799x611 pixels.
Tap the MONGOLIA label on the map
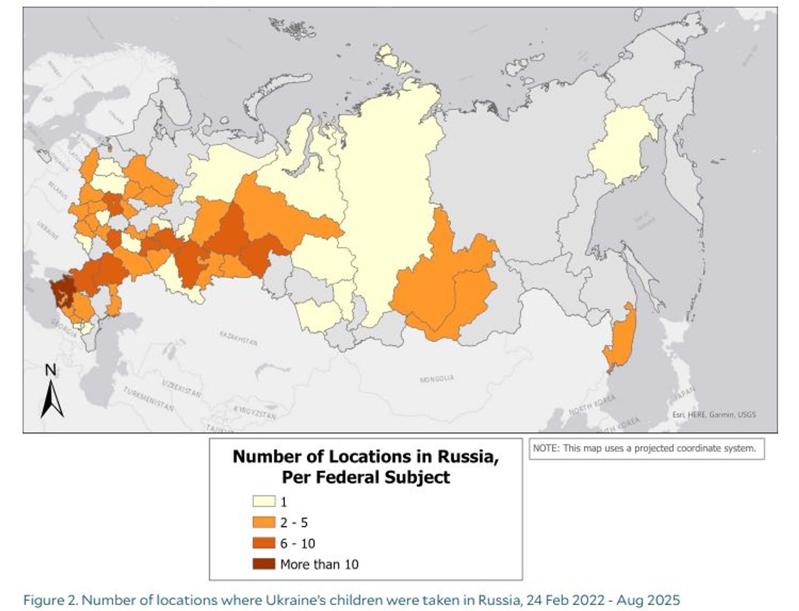(x=437, y=378)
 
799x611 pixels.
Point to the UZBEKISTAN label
(x=181, y=389)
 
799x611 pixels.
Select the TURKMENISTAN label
(x=149, y=399)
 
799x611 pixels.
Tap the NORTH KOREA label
(x=592, y=406)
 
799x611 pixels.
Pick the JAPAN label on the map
(x=685, y=394)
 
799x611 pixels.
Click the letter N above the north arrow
(x=51, y=370)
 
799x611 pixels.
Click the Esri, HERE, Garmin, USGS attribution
(x=714, y=414)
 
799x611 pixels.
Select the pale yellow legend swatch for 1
(x=264, y=501)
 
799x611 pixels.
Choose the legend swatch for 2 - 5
(x=264, y=522)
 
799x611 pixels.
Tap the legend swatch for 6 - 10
(x=264, y=543)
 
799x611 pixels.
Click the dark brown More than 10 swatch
(x=264, y=564)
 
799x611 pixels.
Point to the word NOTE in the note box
(x=544, y=448)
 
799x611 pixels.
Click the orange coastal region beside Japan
(x=621, y=338)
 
